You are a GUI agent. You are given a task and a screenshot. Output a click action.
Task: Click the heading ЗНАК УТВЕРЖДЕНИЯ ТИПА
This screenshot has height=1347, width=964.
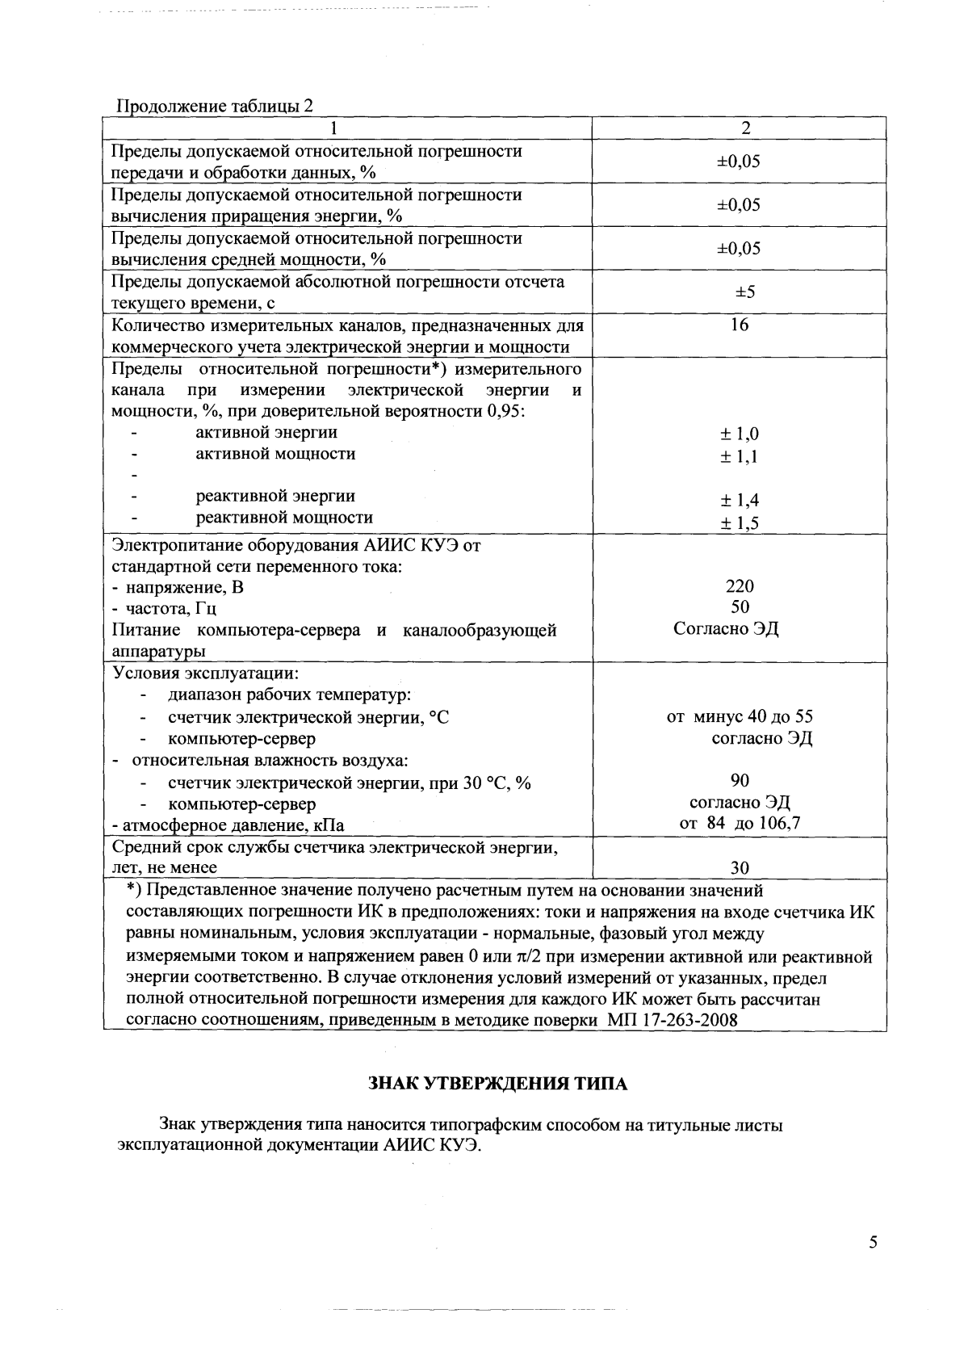point(497,1084)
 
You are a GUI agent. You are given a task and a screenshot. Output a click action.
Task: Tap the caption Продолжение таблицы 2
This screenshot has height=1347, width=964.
point(215,107)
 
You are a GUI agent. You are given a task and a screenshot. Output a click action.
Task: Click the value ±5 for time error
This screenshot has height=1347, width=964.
point(739,292)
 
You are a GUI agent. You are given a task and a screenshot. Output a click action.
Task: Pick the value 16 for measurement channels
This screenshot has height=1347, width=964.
point(739,325)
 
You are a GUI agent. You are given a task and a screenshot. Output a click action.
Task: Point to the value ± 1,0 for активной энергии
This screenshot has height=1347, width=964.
point(739,434)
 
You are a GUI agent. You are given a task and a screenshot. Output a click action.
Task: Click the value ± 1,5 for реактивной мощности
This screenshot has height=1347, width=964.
point(739,523)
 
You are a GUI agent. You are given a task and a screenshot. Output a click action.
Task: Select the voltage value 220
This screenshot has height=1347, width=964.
point(740,587)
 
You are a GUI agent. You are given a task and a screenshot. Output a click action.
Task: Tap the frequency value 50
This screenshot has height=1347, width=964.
point(740,607)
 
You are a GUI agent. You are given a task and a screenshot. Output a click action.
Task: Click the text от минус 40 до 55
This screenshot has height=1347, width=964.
point(740,716)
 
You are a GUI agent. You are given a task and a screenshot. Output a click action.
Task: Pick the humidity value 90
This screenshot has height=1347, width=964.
point(740,780)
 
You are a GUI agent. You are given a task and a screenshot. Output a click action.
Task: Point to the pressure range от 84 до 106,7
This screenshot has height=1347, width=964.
point(740,824)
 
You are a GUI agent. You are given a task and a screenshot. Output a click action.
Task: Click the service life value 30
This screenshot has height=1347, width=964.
point(740,867)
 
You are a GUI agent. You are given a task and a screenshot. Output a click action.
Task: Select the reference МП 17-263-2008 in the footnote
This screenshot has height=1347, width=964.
point(672,1019)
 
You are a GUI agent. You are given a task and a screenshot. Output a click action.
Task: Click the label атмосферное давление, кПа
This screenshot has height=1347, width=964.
point(228,825)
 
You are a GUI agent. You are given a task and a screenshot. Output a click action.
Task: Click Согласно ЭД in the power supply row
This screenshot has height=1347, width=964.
point(726,629)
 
